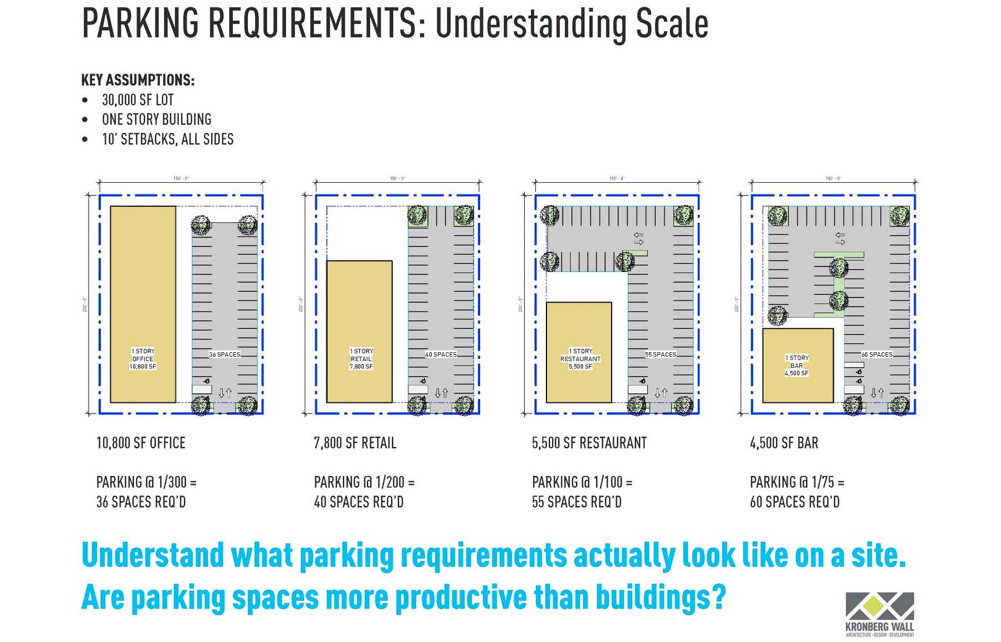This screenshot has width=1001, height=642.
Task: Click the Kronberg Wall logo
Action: point(880,614)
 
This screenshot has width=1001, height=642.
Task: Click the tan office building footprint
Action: point(143,304)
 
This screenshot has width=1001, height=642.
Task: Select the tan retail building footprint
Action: point(359,331)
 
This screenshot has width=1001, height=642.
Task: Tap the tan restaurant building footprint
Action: point(579,352)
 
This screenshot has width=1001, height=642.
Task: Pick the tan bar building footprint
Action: point(797,365)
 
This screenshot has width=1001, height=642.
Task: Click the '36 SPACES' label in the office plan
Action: point(225,354)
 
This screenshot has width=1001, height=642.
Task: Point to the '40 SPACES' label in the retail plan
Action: point(441,354)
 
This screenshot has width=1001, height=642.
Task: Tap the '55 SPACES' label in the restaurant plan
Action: point(661,354)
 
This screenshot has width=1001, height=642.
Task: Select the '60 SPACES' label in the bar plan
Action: point(877,354)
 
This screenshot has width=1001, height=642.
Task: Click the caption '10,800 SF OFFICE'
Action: point(141,443)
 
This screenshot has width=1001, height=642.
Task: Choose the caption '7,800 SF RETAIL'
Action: point(355,443)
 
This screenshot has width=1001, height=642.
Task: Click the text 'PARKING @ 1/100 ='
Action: point(582,482)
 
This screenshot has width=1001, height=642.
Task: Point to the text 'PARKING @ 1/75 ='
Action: point(797,482)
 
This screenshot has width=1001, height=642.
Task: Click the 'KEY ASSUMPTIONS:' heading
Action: point(138,80)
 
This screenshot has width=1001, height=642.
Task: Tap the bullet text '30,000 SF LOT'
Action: point(138,100)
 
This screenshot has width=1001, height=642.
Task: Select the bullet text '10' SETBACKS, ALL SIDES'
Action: point(168,139)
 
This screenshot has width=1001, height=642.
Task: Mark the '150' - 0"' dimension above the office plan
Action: point(181,178)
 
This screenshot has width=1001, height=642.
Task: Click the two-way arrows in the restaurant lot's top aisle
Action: point(638,239)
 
